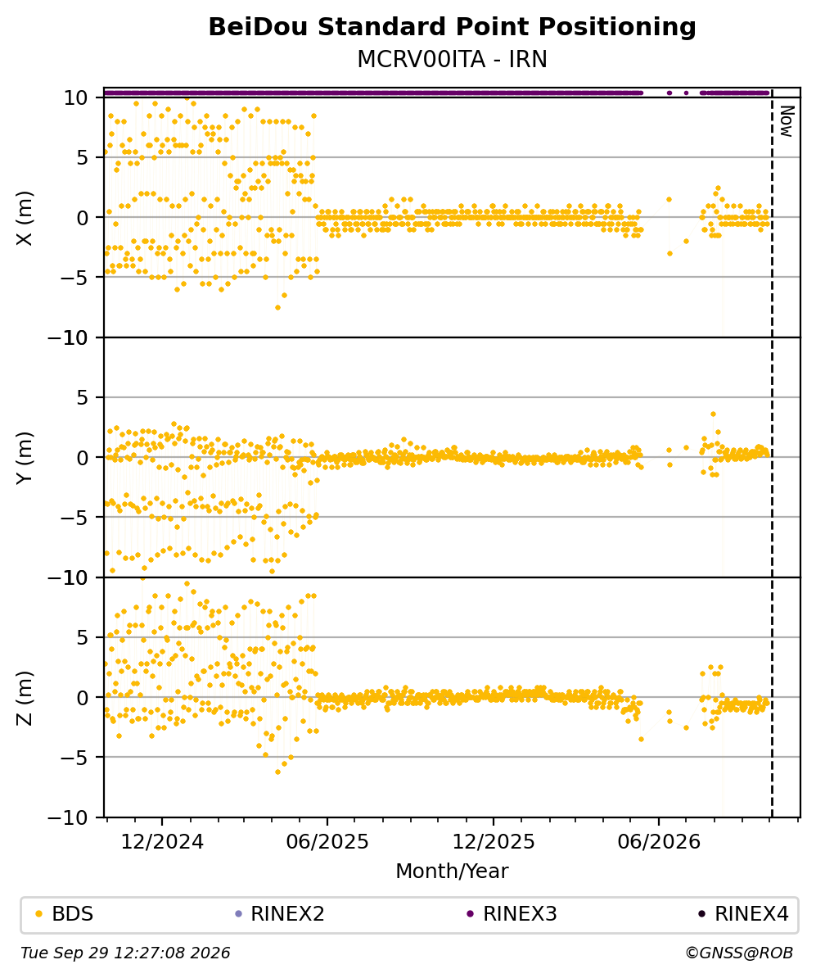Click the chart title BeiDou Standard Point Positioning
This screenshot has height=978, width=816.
pyautogui.click(x=452, y=27)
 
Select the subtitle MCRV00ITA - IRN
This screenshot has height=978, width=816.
pyautogui.click(x=452, y=59)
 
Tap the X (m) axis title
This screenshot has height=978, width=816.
pyautogui.click(x=24, y=218)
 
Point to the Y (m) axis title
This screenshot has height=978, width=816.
pyautogui.click(x=24, y=458)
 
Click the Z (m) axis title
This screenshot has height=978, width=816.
pyautogui.click(x=24, y=698)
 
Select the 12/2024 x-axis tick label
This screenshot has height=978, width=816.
pyautogui.click(x=162, y=842)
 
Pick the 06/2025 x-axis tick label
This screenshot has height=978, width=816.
pyautogui.click(x=327, y=842)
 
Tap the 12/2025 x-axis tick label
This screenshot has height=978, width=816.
pyautogui.click(x=493, y=842)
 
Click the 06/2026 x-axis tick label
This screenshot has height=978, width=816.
pyautogui.click(x=659, y=842)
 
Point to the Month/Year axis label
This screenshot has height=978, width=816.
pyautogui.click(x=452, y=871)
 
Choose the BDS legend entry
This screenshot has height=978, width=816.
pyautogui.click(x=65, y=914)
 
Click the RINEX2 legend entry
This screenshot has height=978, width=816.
pyautogui.click(x=280, y=914)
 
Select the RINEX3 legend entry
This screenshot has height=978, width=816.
pyautogui.click(x=512, y=914)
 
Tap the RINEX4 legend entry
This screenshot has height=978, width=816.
pyautogui.click(x=744, y=914)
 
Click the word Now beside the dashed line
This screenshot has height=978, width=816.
pyautogui.click(x=787, y=121)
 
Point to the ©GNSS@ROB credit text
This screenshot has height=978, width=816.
pyautogui.click(x=739, y=953)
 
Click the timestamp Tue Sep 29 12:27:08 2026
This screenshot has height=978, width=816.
pyautogui.click(x=125, y=953)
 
